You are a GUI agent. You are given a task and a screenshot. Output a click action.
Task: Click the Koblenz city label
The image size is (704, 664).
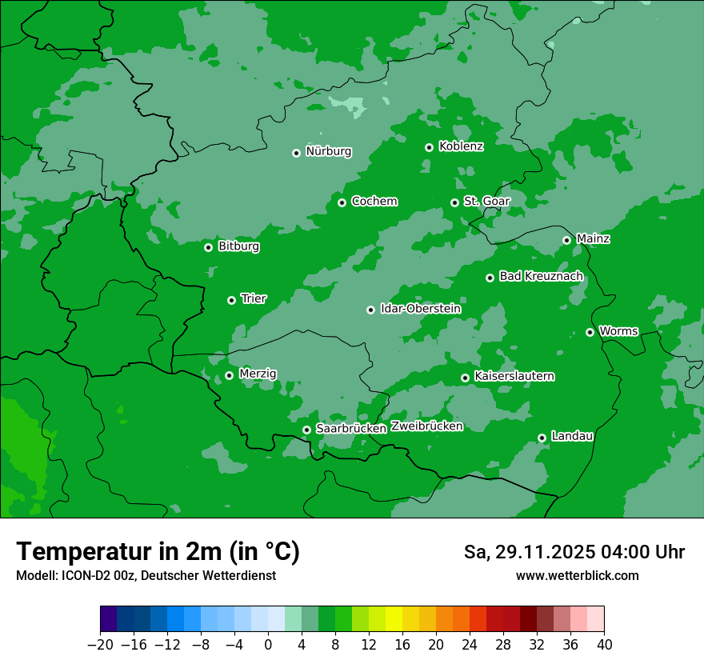[x=461, y=146]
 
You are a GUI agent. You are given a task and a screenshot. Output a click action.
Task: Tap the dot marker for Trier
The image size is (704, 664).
[x=231, y=300]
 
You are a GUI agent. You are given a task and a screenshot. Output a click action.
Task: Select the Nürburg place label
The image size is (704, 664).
[x=328, y=151]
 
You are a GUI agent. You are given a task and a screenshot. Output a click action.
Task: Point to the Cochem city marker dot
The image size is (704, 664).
[x=342, y=202]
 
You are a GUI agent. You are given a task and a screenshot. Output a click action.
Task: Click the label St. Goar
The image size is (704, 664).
[x=482, y=201]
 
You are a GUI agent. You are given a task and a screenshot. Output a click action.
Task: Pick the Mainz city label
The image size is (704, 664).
[x=593, y=238]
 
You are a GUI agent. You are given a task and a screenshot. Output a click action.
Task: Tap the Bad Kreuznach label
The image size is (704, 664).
[x=541, y=276]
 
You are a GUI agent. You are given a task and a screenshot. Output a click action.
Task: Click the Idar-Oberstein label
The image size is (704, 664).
[x=420, y=309]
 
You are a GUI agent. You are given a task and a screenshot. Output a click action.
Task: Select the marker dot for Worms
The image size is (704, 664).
[x=590, y=332]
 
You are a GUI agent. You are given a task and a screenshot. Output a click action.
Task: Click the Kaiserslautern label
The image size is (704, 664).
[x=514, y=376]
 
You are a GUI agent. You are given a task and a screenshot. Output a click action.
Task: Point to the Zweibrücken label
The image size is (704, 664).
[x=426, y=426]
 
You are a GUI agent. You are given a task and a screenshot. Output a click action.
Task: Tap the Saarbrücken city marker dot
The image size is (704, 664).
[x=306, y=430]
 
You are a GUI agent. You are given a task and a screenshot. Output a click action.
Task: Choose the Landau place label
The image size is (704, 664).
[x=572, y=436]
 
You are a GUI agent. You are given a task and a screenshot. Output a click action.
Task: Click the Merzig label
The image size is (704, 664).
[x=258, y=374]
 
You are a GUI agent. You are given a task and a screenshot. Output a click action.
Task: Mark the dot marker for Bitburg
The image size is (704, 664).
[x=208, y=247]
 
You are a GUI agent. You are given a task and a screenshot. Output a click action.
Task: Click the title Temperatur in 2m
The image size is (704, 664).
[x=158, y=551]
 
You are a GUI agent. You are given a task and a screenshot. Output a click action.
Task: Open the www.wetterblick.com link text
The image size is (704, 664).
[x=577, y=576]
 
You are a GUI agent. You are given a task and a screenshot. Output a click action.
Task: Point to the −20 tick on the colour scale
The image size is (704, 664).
[x=100, y=645]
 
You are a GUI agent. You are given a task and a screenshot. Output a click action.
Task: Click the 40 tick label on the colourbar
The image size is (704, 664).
[x=604, y=645]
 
